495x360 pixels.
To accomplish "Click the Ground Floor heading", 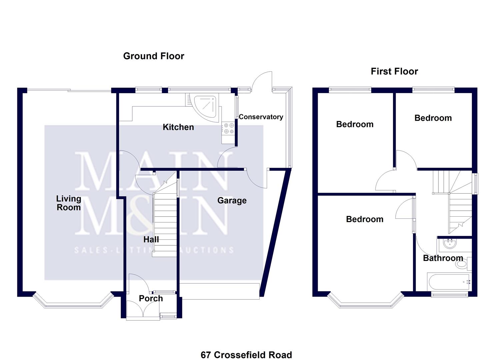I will coord(153,56).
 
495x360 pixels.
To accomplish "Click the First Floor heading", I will coord(394,71).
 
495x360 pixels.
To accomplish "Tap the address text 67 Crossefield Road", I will coord(246,355).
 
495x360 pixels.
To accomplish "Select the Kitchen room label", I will coord(178,127).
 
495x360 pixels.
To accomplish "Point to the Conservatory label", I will coord(261,117).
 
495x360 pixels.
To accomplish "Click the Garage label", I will coord(232,200).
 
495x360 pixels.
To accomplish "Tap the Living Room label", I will coord(68,203).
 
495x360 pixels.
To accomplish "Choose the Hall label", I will coord(151,239).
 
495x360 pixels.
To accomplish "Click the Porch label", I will coord(151,298).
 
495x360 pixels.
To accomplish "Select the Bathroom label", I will coord(443,258).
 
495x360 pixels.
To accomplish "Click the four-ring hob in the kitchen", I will coord(229,128).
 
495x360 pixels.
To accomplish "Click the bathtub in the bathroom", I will coord(449,282).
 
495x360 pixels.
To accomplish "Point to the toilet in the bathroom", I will coord(463,264).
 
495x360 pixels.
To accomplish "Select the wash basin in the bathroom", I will coord(450,244).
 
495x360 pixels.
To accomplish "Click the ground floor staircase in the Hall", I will coord(165,223).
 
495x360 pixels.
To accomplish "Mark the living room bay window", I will coord(73,304).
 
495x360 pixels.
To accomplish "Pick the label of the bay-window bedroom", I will coord(364,219).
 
